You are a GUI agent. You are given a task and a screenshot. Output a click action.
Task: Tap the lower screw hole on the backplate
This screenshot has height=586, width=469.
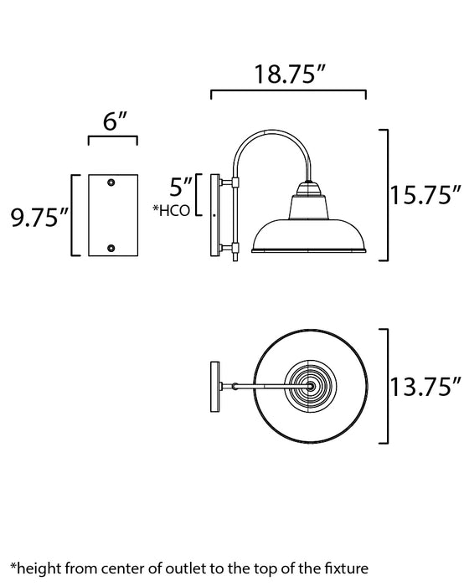[113, 248]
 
